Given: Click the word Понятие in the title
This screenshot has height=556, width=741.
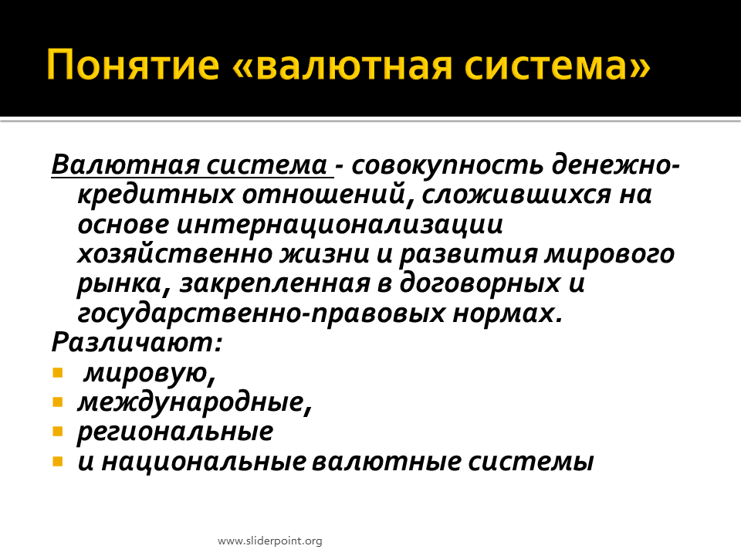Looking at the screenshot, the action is (x=133, y=64).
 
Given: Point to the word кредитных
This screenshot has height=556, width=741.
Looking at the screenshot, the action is (x=155, y=195).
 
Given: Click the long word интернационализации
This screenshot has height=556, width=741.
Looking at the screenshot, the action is (x=340, y=225).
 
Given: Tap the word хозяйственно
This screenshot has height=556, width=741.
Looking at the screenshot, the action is (x=175, y=254).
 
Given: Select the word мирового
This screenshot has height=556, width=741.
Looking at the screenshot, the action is (x=609, y=254).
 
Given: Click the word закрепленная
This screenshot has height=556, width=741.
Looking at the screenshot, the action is (x=275, y=283).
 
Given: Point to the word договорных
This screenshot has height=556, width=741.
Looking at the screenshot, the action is (x=480, y=283).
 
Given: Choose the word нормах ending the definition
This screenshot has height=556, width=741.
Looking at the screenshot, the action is (x=508, y=314).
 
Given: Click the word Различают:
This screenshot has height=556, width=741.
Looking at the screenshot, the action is (x=137, y=342).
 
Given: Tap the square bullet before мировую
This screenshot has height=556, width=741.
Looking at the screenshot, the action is (x=58, y=373).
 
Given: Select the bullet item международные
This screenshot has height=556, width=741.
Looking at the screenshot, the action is (x=195, y=402).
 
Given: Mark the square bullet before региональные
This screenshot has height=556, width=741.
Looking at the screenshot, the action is (x=58, y=431).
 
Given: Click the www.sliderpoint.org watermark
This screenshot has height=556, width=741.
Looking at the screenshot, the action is (x=270, y=541).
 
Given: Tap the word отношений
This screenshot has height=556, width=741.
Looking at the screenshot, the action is (x=323, y=195).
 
